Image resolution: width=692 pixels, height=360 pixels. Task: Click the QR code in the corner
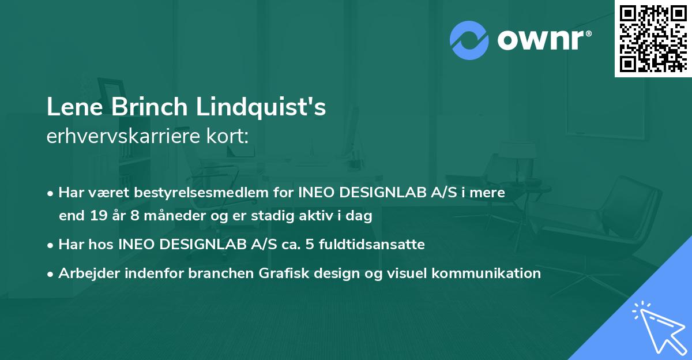click(x=653, y=38)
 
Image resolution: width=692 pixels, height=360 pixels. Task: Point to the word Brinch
click(x=139, y=108)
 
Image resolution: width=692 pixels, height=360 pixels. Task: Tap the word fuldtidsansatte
click(x=379, y=245)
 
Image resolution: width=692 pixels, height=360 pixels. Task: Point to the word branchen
click(x=213, y=273)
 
